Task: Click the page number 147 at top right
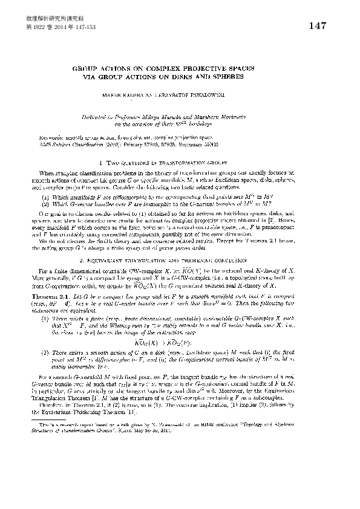317,26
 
